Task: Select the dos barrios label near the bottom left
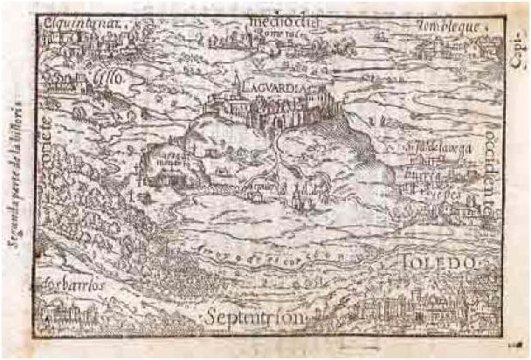point(68,285)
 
